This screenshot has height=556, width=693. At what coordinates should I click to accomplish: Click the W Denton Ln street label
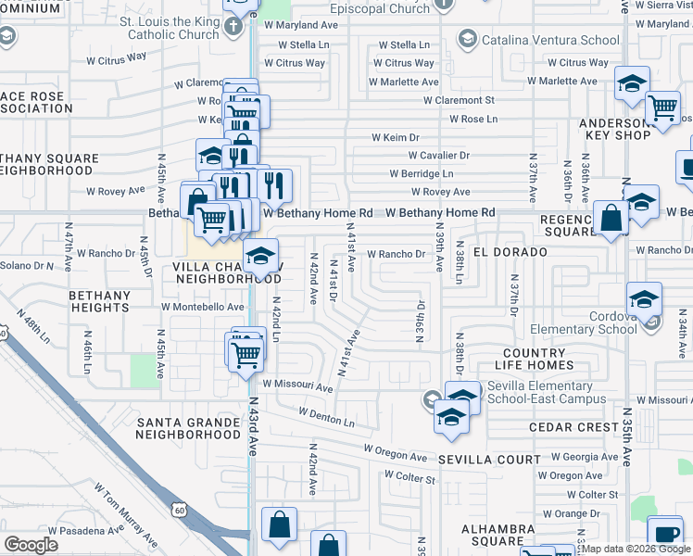(326, 416)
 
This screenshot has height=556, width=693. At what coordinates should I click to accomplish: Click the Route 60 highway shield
(179, 509)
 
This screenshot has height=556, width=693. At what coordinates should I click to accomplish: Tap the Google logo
(31, 545)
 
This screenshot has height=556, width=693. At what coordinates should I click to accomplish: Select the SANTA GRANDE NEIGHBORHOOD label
(189, 428)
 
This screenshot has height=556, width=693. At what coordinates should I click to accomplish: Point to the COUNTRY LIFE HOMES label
(547, 360)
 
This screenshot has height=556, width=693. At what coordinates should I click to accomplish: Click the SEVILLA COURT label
(489, 460)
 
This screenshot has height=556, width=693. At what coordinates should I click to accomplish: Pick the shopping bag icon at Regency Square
(612, 220)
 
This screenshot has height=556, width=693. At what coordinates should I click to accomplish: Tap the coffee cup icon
(665, 533)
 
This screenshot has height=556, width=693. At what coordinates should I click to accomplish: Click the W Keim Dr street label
(396, 137)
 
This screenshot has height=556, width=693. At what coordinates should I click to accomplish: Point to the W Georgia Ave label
(584, 457)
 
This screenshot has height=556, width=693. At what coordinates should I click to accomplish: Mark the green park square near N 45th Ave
(144, 371)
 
